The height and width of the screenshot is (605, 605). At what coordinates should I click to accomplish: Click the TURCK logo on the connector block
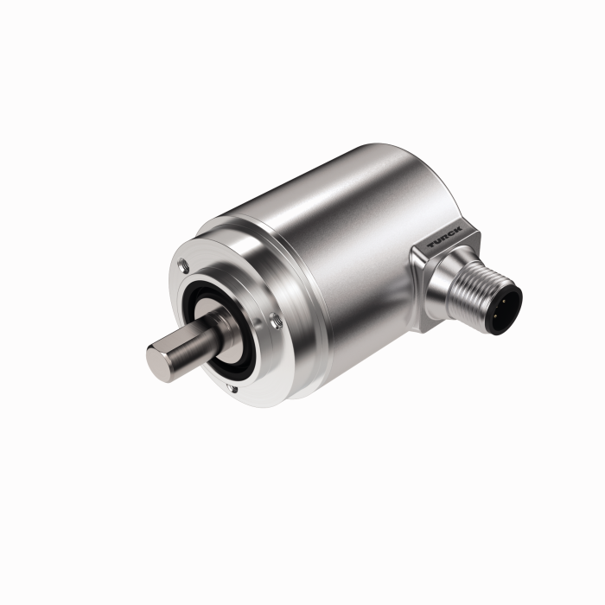coord(444,236)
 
